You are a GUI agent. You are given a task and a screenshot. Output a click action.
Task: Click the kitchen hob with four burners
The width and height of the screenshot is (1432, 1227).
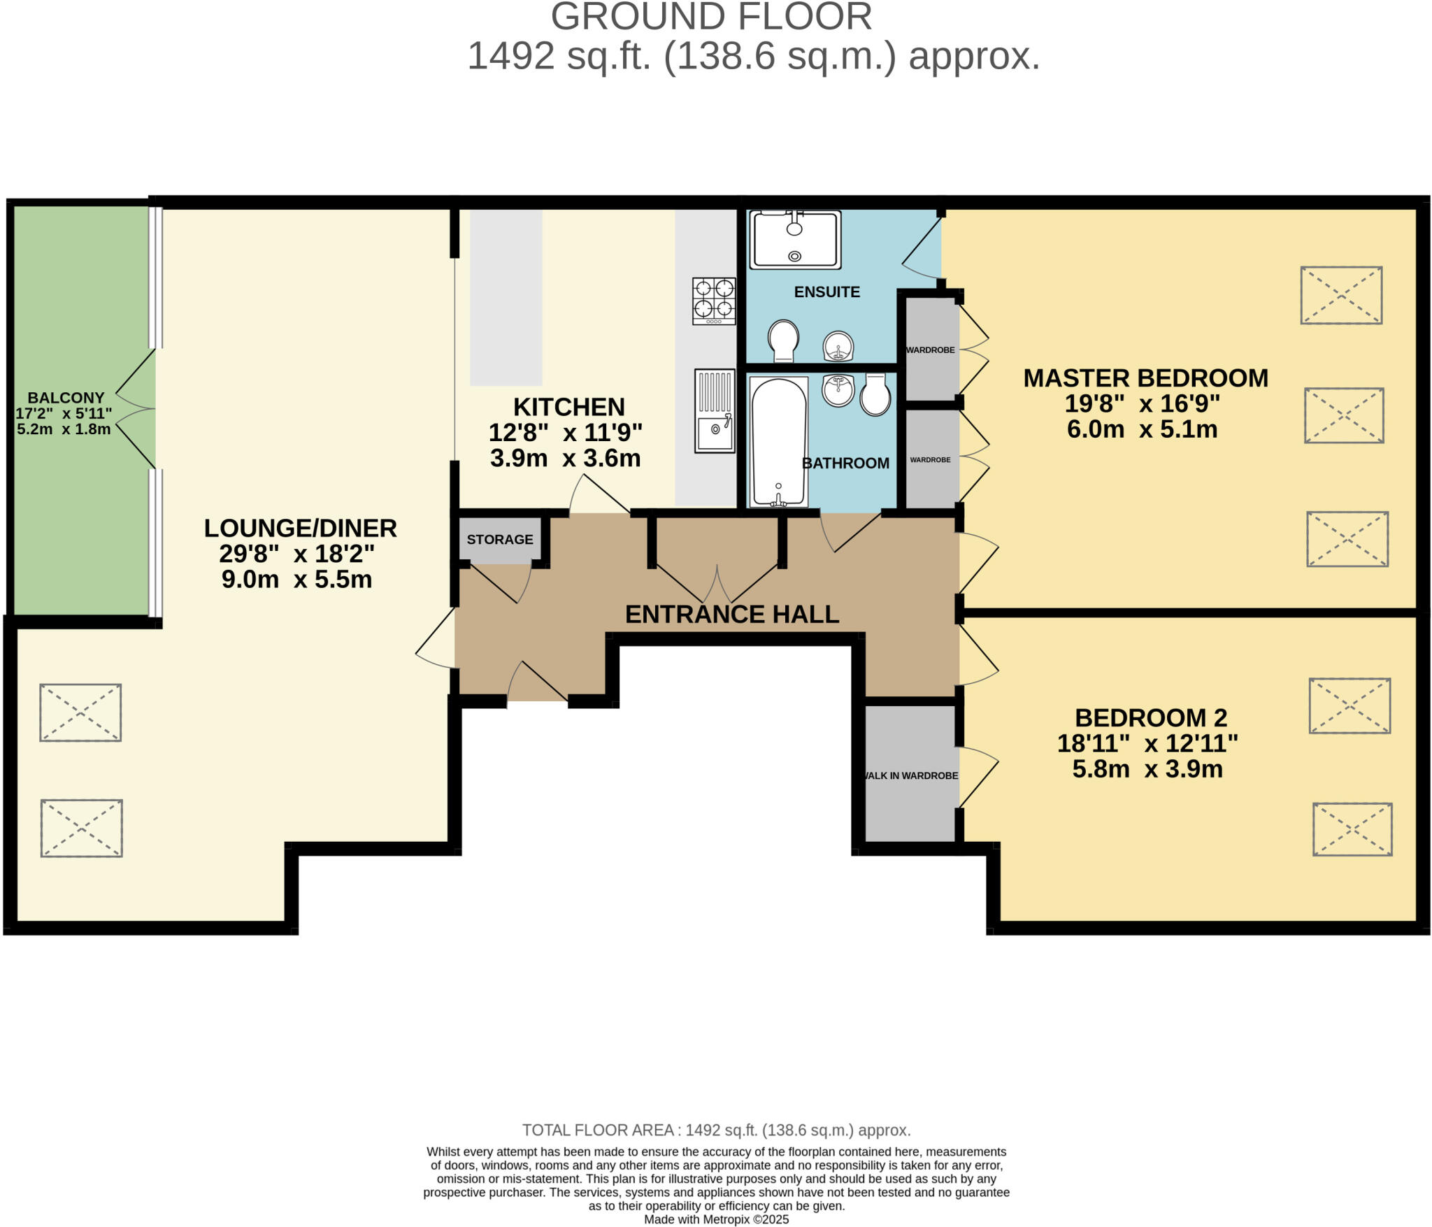coord(714,301)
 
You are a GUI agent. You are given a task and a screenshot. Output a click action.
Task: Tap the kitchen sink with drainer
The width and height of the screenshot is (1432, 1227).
coord(715,411)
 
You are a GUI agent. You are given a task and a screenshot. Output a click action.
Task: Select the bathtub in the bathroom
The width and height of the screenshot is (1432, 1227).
coord(778,443)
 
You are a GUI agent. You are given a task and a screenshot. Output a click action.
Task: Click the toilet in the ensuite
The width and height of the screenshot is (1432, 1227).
coord(783,340)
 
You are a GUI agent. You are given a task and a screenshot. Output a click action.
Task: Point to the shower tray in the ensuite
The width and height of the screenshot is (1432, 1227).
coord(795,240)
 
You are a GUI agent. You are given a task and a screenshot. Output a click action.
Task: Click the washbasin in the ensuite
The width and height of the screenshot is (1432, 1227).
coord(838,346)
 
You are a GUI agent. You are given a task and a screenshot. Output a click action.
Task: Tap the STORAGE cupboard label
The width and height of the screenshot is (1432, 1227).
coord(500,539)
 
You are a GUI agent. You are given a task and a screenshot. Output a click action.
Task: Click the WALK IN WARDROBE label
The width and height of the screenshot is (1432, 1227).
coord(911,775)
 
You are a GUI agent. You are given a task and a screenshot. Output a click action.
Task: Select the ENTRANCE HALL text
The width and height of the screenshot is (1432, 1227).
coord(731,614)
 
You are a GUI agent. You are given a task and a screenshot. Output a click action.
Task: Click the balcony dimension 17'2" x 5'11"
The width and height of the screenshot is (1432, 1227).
coord(64,413)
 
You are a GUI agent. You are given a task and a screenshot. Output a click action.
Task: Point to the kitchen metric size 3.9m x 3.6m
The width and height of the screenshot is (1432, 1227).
coord(565,459)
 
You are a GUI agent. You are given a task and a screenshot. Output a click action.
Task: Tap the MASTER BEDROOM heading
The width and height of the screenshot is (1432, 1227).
coord(1145,378)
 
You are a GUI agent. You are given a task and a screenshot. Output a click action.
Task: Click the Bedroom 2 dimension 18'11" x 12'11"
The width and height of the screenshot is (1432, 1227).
coord(1147,743)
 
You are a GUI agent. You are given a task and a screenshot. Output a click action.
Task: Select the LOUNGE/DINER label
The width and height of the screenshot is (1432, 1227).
coord(301,528)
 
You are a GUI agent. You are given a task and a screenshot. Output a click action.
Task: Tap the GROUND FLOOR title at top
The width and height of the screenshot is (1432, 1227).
coord(711,17)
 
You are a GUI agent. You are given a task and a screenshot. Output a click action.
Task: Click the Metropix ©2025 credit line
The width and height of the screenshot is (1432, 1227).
coord(716,1219)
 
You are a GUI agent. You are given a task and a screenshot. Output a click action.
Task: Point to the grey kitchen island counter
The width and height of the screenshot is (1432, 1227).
coord(506,297)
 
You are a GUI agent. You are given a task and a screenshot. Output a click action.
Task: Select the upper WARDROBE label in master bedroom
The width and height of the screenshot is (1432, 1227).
coord(930,350)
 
